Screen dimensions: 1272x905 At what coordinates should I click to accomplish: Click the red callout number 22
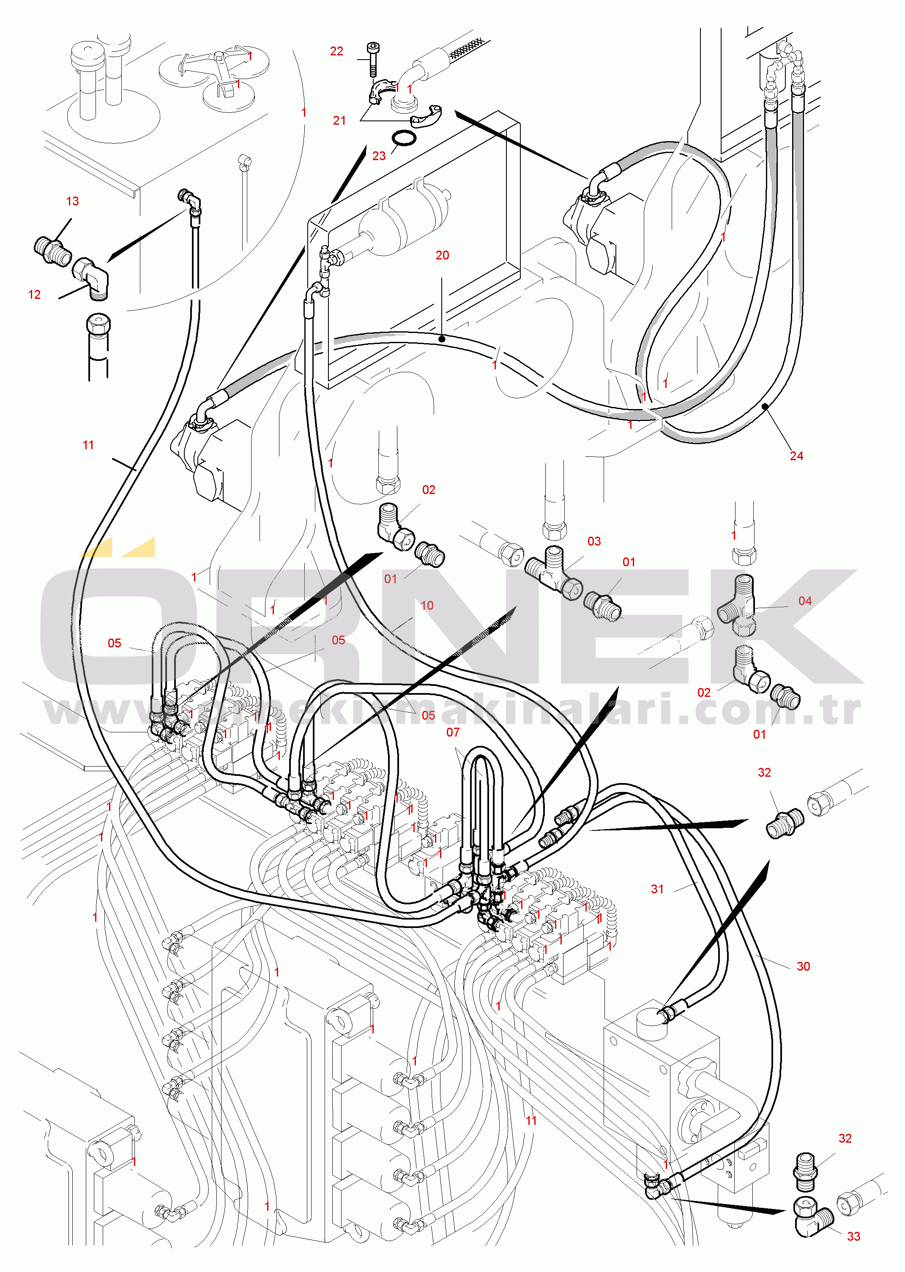coord(336,51)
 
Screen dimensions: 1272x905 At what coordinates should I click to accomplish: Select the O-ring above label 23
coord(403,138)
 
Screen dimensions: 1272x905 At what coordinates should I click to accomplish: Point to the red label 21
coord(339,120)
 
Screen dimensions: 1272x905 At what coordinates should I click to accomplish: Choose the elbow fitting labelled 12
coord(92,277)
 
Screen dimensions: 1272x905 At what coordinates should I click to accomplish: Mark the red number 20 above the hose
coord(442,255)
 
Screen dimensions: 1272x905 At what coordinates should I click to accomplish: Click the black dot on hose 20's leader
coord(441,338)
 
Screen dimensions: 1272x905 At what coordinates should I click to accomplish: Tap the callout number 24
coord(796,456)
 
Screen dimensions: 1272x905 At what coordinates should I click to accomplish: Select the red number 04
coord(805,601)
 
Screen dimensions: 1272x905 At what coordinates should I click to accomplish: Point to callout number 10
coord(427,606)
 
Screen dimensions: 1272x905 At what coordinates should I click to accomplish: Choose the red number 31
coord(658,889)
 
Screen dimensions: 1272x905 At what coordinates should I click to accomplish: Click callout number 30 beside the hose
coord(803,966)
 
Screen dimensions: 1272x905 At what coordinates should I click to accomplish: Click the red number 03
coord(594,541)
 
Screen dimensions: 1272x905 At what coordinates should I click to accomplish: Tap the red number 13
coord(72,201)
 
